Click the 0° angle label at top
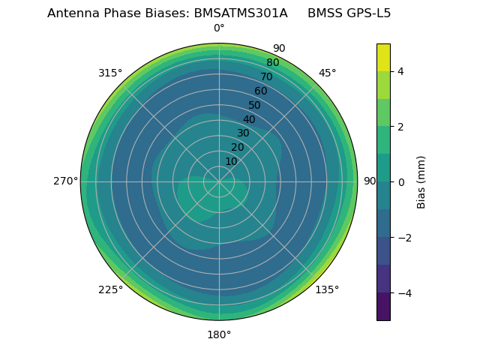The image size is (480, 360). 219,28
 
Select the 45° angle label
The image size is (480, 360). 327,73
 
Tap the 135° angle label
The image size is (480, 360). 327,289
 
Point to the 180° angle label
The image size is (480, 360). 219,334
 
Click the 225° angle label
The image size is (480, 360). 110,289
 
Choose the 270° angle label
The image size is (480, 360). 65,181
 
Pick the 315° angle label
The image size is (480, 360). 110,73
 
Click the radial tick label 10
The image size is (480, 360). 231,162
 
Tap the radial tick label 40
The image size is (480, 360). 249,119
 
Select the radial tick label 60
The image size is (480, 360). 260,91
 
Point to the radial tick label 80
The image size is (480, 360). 272,63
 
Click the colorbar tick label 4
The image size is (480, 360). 400,71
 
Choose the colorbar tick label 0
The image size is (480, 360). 400,182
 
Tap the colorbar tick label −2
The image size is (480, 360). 403,238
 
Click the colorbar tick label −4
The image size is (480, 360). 403,293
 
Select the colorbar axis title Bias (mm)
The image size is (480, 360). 421,181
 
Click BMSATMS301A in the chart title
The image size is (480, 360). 240,13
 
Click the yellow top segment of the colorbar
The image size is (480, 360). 383,57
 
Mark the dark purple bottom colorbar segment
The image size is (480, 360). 383,307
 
